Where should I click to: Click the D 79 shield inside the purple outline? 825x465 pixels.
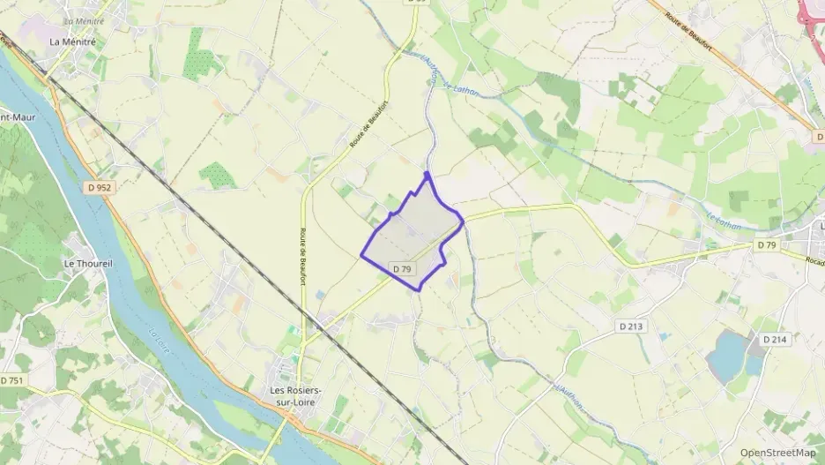(x=403, y=268)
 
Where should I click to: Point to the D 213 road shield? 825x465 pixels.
(x=631, y=326)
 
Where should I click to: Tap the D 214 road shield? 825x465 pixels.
(x=774, y=339)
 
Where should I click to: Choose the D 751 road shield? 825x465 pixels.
(x=11, y=380)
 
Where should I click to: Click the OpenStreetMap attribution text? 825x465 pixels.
(x=777, y=453)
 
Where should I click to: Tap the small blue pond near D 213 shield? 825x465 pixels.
(x=663, y=335)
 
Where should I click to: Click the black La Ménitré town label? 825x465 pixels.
(x=73, y=41)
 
